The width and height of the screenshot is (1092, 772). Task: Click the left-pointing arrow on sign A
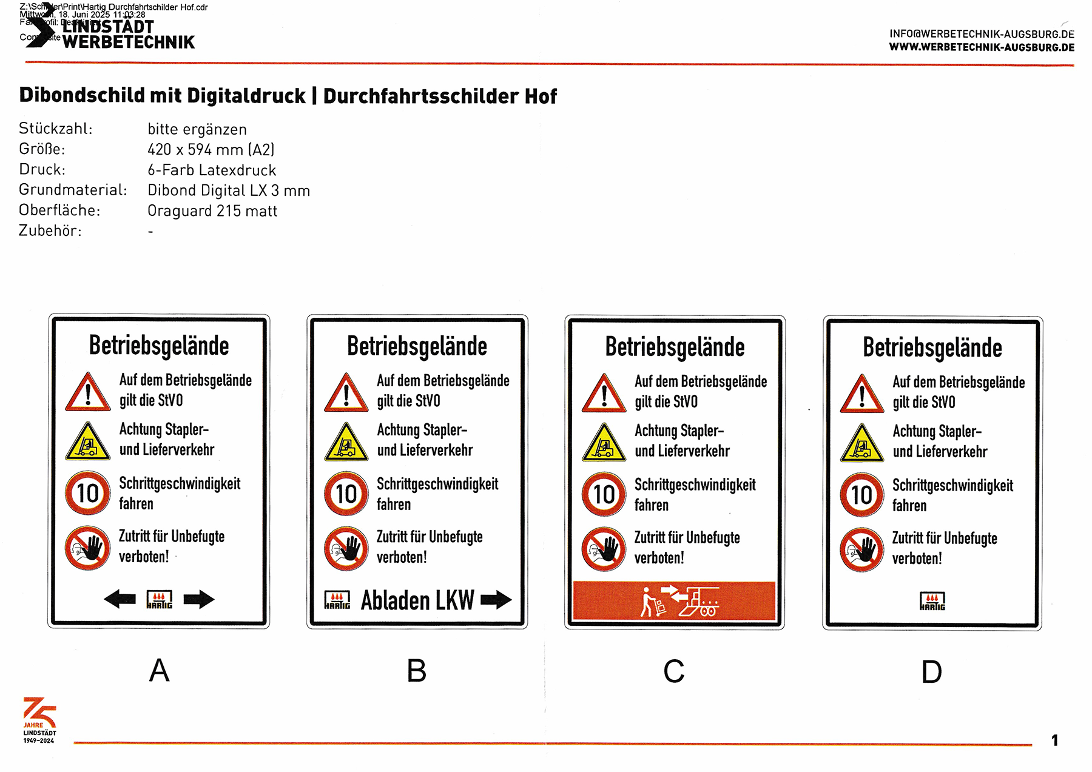point(120,599)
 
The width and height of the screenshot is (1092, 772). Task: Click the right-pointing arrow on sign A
point(199,599)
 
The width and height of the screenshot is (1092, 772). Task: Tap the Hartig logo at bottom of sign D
point(932,601)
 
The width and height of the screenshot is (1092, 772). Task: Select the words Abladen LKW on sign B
point(417,600)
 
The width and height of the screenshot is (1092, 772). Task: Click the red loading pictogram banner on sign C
point(674,601)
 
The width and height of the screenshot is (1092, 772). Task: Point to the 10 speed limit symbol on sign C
point(604,494)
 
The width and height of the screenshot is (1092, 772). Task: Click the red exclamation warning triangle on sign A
point(88,393)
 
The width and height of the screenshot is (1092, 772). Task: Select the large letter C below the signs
point(673,671)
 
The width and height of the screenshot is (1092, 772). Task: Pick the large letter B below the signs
point(416,671)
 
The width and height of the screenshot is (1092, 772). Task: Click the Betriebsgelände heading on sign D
point(932,348)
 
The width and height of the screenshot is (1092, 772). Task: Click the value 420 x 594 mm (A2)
point(211,149)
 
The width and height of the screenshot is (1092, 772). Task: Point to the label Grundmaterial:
point(73,190)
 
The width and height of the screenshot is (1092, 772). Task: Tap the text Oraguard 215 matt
point(212,211)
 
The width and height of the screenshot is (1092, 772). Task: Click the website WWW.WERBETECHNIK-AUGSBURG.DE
point(982,47)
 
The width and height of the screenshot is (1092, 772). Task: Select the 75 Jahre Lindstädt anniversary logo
point(39,720)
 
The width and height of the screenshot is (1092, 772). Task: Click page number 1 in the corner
point(1054,740)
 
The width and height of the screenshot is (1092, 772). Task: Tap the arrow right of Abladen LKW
point(496,600)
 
